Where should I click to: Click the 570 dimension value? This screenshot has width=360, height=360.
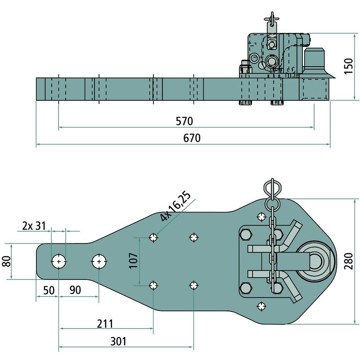click(184, 121)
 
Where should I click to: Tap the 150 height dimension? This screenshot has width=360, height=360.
click(348, 66)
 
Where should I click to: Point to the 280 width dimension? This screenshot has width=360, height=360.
click(350, 261)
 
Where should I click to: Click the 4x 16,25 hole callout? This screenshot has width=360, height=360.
click(176, 207)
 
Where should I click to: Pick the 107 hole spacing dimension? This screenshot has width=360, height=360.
click(134, 261)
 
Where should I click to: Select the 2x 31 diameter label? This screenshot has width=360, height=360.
click(34, 225)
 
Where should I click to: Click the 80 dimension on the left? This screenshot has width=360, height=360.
click(6, 261)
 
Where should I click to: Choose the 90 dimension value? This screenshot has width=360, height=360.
click(75, 290)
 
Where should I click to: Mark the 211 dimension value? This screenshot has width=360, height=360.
click(105, 324)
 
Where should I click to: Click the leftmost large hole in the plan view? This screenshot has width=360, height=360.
click(59, 261)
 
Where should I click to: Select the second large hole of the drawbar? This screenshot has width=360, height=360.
click(99, 261)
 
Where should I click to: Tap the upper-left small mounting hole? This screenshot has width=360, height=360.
click(154, 237)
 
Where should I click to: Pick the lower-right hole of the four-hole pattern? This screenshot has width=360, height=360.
click(194, 285)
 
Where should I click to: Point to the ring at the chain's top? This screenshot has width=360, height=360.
click(272, 187)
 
